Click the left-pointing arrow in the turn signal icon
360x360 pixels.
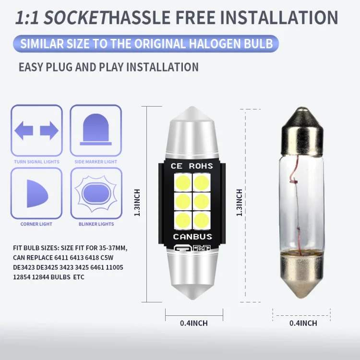pyautogui.click(x=24, y=131)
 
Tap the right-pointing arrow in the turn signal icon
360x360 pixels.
pyautogui.click(x=49, y=131)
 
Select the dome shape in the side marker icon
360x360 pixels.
pyautogui.click(x=96, y=129)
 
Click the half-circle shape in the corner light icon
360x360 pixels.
pyautogui.click(x=37, y=194)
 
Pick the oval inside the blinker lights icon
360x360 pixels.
pyautogui.click(x=96, y=194)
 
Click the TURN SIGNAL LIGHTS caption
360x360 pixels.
pyautogui.click(x=37, y=162)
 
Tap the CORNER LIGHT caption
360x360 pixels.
pyautogui.click(x=36, y=224)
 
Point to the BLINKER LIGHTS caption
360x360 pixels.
pyautogui.click(x=96, y=224)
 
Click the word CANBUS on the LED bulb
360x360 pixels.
pyautogui.click(x=192, y=237)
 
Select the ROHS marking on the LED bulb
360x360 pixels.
pyautogui.click(x=201, y=166)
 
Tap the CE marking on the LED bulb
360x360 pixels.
pyautogui.click(x=177, y=166)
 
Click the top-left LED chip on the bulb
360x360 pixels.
pyautogui.click(x=183, y=183)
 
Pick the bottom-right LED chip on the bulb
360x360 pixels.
pyautogui.click(x=202, y=220)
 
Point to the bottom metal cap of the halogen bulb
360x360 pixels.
pyautogui.click(x=302, y=275)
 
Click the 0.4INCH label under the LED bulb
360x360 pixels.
pyautogui.click(x=194, y=323)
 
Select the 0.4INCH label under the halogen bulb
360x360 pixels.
pyautogui.click(x=303, y=323)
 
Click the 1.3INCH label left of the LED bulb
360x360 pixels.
pyautogui.click(x=137, y=203)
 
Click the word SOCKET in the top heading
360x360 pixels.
pyautogui.click(x=76, y=18)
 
